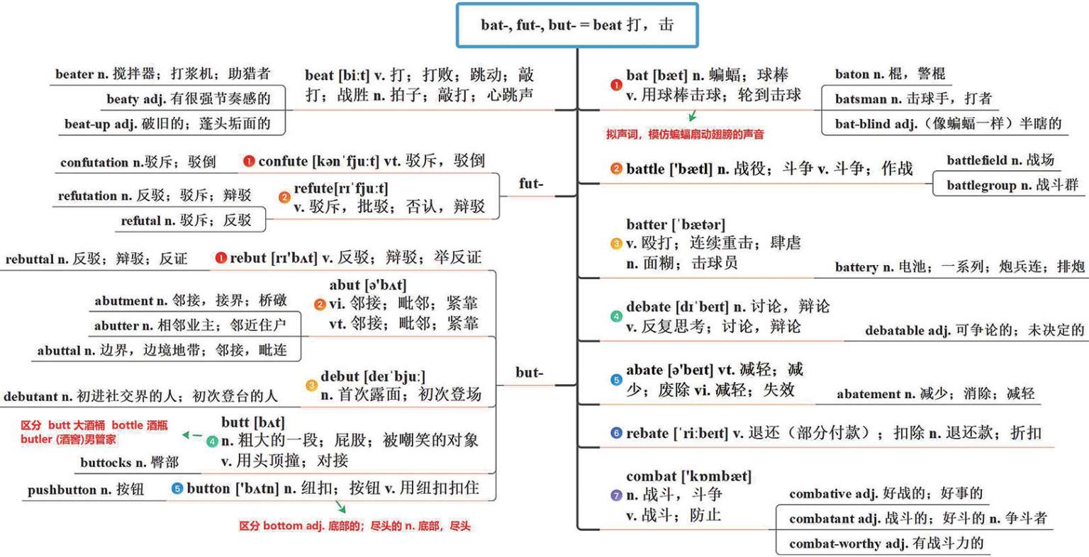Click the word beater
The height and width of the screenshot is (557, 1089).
[75, 74]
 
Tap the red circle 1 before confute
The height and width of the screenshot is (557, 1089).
[249, 161]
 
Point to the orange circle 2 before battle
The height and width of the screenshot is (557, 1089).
[616, 169]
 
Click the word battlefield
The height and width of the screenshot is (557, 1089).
[977, 160]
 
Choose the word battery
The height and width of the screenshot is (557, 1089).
[857, 267]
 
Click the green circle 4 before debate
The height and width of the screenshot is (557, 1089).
[616, 316]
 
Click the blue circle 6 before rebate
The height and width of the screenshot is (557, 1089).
[616, 432]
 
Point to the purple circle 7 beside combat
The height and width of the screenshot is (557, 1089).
[616, 495]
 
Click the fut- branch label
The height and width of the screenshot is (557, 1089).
[531, 184]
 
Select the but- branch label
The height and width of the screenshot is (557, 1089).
[530, 373]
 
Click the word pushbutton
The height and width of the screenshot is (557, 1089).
[62, 490]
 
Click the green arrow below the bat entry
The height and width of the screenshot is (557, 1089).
[692, 116]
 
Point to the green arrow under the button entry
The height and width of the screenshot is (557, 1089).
[340, 507]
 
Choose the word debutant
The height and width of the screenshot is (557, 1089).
[30, 397]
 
